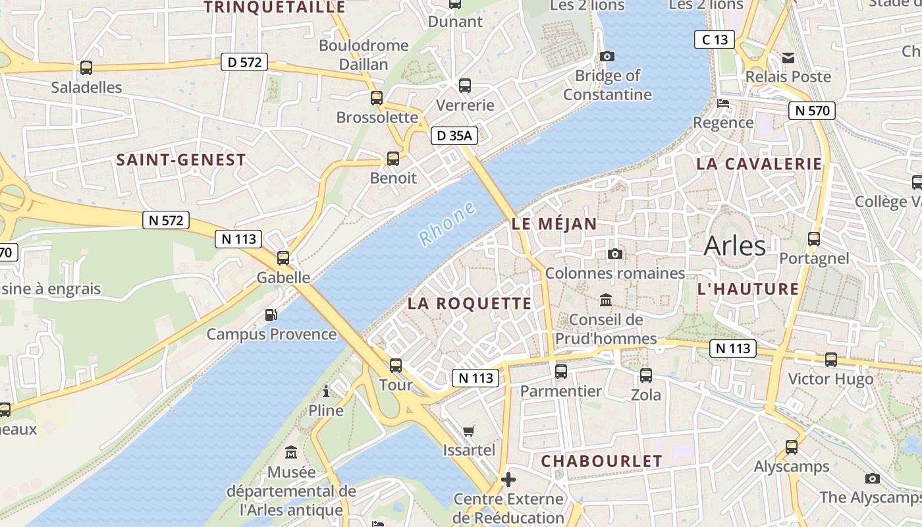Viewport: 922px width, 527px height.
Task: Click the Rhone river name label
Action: [447, 225]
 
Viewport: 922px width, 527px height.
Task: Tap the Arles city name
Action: [734, 246]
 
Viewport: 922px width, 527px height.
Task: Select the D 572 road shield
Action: [244, 63]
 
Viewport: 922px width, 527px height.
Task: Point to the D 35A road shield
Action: [454, 136]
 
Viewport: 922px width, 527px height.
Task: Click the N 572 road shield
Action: [166, 220]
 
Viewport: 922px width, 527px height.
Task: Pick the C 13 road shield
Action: [715, 40]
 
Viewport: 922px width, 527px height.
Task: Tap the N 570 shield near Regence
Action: [812, 111]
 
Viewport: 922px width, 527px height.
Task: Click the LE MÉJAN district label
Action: [554, 224]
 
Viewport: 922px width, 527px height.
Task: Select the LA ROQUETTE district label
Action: [469, 303]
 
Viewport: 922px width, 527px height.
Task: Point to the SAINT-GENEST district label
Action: [181, 160]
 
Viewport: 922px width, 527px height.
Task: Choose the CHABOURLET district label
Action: [601, 461]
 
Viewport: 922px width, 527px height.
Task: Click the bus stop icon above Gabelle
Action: [283, 258]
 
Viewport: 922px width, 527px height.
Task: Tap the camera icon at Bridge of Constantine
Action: [607, 57]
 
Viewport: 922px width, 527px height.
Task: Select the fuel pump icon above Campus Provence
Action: [271, 315]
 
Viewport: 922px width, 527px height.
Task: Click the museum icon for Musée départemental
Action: [291, 453]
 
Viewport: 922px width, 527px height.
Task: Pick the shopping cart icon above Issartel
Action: [469, 431]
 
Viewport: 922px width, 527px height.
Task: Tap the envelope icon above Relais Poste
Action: [788, 58]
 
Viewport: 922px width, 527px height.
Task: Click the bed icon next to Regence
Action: [723, 103]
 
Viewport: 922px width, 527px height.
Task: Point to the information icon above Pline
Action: [326, 392]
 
